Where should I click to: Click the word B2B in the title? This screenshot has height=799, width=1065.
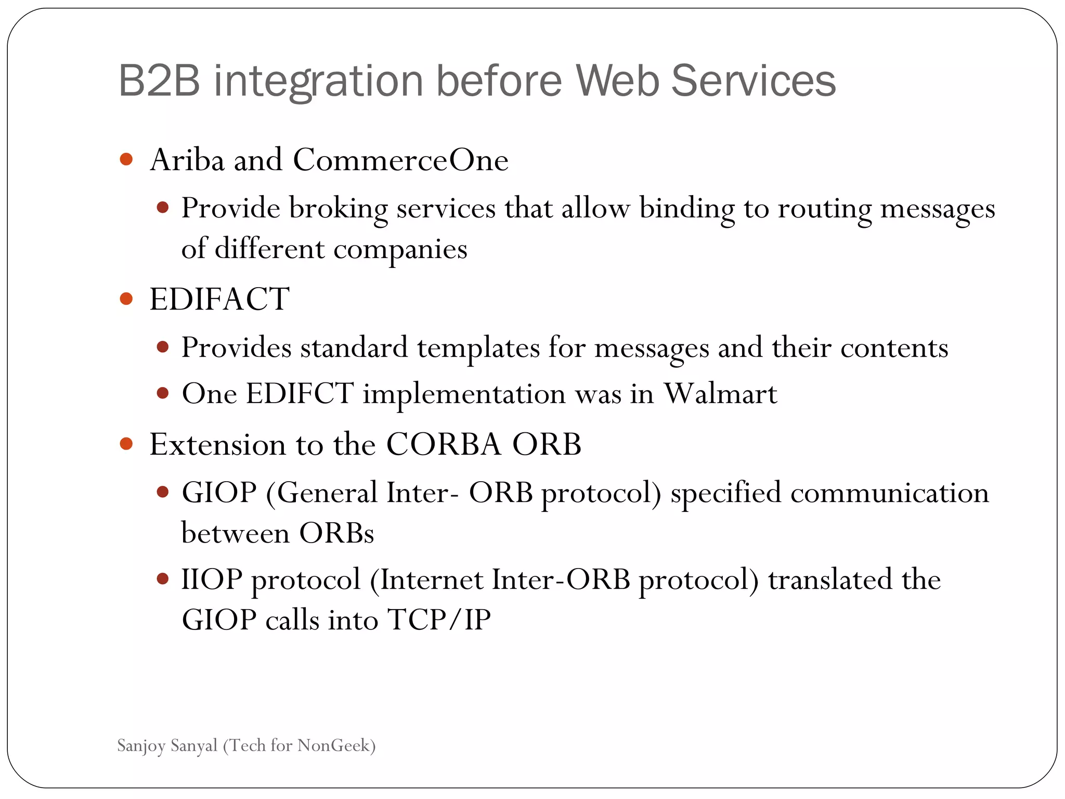159,81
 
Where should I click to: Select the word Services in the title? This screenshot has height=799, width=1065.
753,81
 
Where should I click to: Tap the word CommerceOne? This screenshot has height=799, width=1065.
400,160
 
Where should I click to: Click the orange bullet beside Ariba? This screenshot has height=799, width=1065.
126,159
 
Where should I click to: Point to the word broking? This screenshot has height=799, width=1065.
338,209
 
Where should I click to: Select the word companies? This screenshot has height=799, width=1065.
400,249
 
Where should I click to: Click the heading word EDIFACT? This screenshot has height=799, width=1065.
219,299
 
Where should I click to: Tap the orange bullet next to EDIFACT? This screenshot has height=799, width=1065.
126,299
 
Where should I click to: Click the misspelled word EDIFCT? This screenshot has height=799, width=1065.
300,393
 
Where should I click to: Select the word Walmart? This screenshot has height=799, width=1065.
720,393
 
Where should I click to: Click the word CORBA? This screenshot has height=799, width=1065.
444,445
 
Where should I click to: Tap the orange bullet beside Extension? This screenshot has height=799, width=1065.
126,444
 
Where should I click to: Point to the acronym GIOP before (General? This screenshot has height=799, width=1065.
219,493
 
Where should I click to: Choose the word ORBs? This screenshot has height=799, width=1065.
336,533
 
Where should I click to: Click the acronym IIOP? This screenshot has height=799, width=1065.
212,579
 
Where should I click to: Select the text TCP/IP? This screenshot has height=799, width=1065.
439,620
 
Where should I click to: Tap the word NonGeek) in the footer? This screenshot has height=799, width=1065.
336,746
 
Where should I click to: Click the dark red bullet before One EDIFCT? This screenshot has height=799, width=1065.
163,393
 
